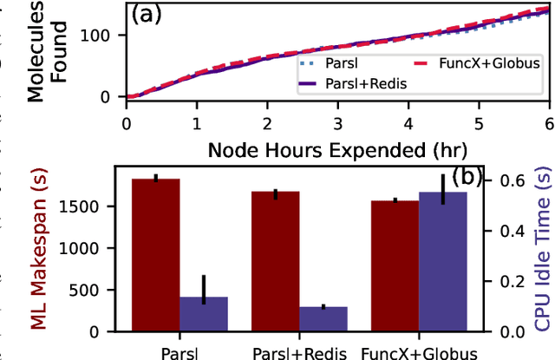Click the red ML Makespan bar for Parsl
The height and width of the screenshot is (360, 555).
155,255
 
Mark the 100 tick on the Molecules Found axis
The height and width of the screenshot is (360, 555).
101,36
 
